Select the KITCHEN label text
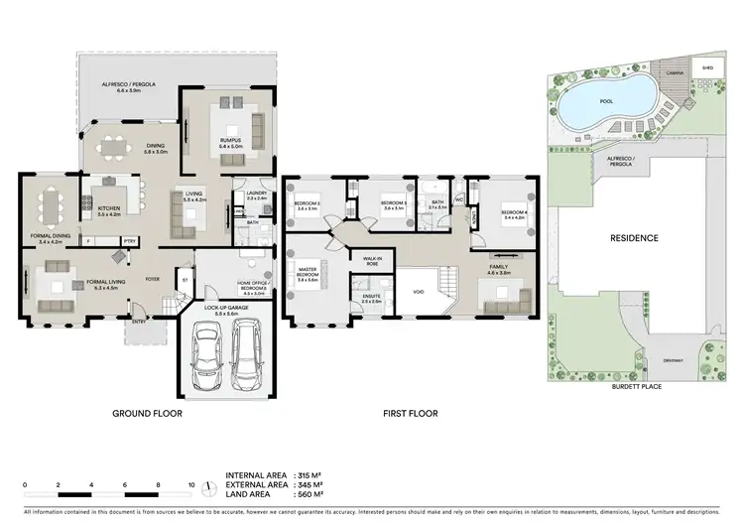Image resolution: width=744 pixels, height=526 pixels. click(x=107, y=209)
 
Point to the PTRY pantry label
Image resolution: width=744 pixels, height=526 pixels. click(x=129, y=240)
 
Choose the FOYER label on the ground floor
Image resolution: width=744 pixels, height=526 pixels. click(x=153, y=279)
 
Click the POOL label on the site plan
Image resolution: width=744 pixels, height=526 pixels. click(x=605, y=100)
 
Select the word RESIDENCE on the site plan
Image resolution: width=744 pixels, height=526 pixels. click(x=634, y=238)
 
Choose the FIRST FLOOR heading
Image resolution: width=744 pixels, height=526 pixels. click(x=412, y=413)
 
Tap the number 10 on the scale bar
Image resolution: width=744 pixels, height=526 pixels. click(x=190, y=484)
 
